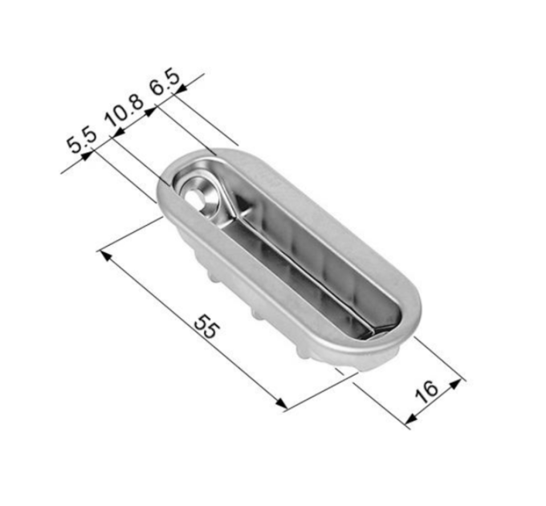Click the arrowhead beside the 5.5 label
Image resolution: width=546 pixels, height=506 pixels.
86,156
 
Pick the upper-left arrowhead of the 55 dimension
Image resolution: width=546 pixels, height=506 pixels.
106,255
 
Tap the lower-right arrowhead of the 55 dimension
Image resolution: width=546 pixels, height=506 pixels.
282,402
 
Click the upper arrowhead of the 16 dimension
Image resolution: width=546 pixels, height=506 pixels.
456,383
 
